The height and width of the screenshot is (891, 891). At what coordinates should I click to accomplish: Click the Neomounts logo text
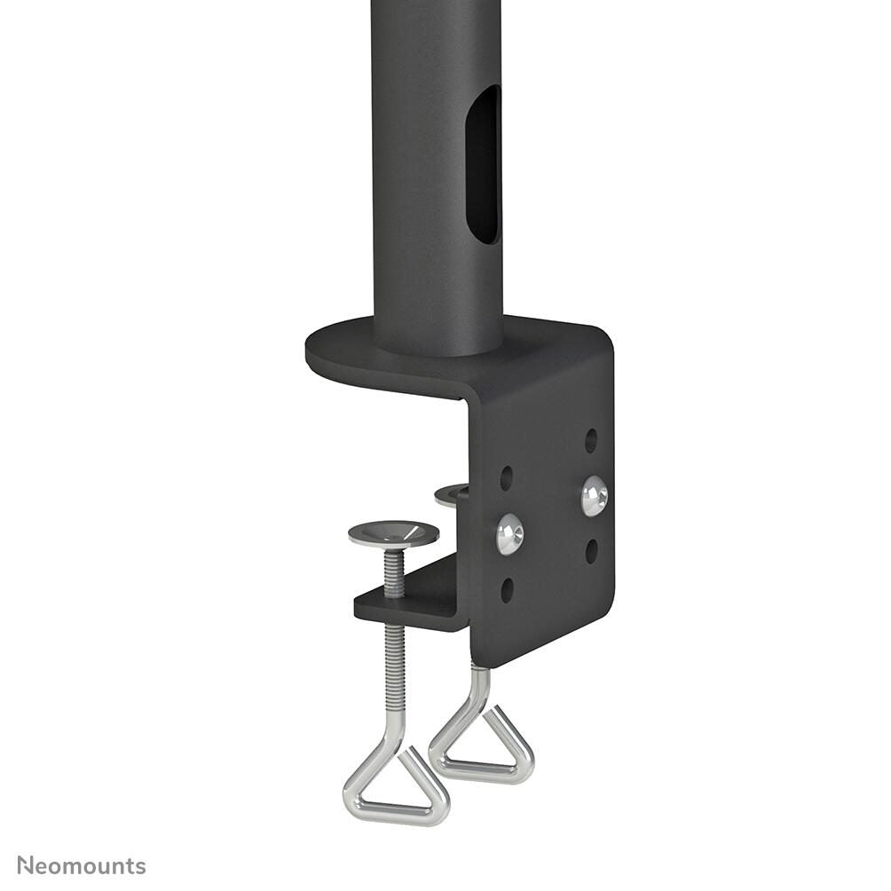(x=82, y=865)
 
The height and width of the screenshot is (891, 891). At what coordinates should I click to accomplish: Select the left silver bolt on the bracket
(x=509, y=535)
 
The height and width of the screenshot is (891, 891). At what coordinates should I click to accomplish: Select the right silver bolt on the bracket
(x=595, y=495)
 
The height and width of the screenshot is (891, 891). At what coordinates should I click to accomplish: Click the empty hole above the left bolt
(x=506, y=478)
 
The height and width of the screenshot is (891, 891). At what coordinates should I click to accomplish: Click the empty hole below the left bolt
(x=507, y=590)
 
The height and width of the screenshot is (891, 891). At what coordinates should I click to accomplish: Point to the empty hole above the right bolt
(x=591, y=439)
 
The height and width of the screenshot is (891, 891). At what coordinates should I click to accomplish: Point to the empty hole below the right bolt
(x=591, y=551)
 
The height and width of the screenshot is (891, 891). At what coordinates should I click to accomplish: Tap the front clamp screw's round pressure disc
(x=393, y=533)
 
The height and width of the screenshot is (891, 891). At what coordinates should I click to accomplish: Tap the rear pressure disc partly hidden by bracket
(x=453, y=493)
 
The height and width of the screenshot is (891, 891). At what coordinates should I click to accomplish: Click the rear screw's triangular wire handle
(x=482, y=747)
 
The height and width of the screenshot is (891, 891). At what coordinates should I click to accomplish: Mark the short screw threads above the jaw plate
(x=394, y=572)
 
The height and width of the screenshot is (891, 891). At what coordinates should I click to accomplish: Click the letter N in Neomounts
(x=25, y=865)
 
